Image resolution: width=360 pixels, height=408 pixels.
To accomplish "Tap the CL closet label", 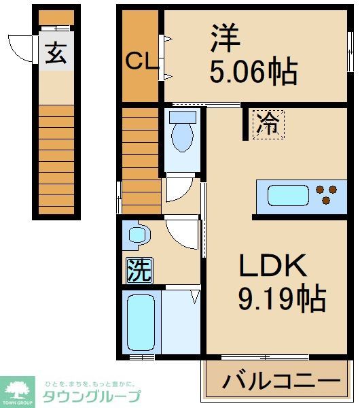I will [x=141, y=63].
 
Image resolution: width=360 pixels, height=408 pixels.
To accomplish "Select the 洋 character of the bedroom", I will [x=225, y=39].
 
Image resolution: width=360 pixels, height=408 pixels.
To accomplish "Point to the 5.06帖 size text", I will [x=253, y=71].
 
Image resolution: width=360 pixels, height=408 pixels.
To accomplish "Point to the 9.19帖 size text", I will [x=281, y=298].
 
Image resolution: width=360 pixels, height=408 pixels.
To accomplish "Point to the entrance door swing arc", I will [x=25, y=49].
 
